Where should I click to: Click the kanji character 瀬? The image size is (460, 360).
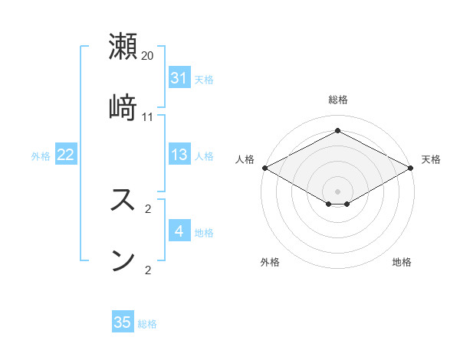123,47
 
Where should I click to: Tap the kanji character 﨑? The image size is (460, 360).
123,106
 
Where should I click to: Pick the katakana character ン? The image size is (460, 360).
123,259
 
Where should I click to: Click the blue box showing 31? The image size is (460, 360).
179,78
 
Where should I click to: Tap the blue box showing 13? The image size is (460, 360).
179,155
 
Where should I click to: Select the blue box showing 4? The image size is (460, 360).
179,231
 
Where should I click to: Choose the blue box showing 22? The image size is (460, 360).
66,155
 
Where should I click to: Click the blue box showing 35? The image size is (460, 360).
123,322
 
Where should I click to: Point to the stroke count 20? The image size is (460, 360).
148,56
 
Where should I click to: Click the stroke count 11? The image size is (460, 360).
148,117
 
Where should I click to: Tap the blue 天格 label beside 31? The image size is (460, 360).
204,79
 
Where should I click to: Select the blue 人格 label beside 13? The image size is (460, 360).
204,155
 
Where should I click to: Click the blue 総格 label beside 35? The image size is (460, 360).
147,323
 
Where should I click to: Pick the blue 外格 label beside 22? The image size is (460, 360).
41,155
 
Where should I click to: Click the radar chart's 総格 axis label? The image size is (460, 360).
338,100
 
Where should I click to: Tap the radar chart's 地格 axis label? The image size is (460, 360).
402,262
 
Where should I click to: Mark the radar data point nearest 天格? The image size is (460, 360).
412,168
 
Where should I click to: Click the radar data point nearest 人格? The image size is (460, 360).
264,168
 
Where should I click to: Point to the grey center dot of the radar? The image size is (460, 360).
338,191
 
